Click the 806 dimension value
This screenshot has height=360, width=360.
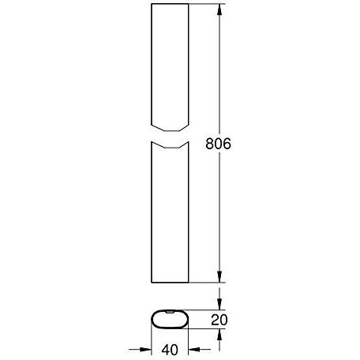(x=218, y=144)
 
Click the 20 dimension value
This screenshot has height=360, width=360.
(x=219, y=320)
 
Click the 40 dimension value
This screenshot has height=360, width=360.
(x=170, y=350)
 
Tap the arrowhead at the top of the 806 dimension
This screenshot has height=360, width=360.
(x=219, y=9)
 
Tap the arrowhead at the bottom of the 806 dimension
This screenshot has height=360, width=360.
(x=219, y=276)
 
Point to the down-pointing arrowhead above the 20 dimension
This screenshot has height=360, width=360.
(x=219, y=304)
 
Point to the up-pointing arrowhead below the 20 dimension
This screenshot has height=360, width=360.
(x=219, y=335)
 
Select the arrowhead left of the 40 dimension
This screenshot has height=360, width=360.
(x=145, y=350)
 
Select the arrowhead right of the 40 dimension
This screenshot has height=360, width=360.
(x=194, y=350)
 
